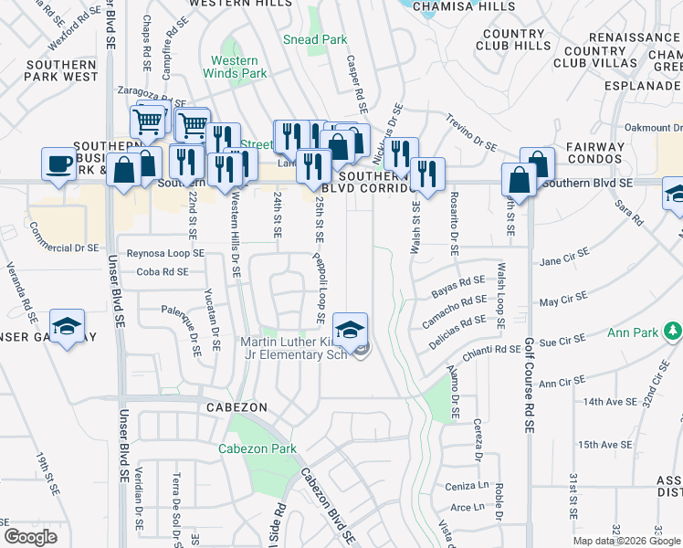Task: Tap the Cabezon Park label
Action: [x=257, y=449]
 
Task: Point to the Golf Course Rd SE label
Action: [x=528, y=385]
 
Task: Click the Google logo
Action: [x=31, y=537]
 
